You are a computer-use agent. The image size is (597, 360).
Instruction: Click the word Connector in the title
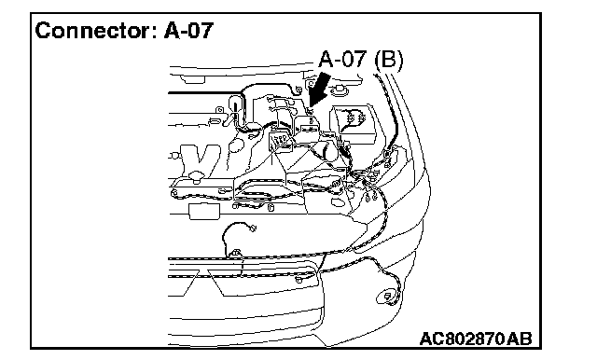(x=93, y=30)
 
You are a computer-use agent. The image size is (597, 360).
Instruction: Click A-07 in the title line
(x=188, y=30)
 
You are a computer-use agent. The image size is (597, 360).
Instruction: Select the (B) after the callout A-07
(x=388, y=60)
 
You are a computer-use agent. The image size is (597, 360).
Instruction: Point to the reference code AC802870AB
(x=476, y=339)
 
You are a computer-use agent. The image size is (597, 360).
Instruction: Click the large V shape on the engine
(x=200, y=159)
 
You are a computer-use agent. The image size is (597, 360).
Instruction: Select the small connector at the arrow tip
(x=311, y=111)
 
